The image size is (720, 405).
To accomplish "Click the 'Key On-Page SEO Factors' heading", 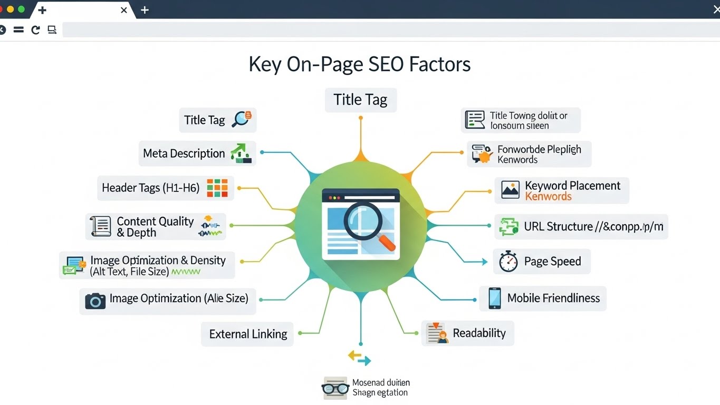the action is point(359,64).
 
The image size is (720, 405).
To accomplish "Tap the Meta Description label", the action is point(184,153).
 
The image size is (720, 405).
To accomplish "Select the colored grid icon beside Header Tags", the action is point(217,188).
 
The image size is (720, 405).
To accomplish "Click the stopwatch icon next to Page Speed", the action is point(508,262).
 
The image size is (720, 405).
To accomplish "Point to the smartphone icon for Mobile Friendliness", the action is point(494,298).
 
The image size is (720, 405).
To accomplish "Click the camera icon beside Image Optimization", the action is point(95,301).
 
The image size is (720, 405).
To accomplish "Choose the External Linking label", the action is point(248,334).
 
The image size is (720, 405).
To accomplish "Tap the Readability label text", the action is point(479,333).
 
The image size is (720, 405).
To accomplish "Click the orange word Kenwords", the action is point(548,197).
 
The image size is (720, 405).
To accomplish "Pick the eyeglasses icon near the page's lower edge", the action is point(335,389).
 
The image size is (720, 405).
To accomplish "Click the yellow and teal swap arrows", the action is point(360,358).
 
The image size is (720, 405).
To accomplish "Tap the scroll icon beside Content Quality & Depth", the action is point(100,226).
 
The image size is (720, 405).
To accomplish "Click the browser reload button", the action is point(35,30).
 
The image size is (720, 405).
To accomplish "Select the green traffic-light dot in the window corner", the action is point(21,9).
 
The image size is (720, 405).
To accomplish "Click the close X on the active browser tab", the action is point(123,10).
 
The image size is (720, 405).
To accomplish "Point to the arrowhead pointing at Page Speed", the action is point(484,262).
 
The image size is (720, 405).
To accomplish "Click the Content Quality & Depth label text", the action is point(155,227).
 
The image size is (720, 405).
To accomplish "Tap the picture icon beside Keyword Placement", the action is point(510,190).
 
